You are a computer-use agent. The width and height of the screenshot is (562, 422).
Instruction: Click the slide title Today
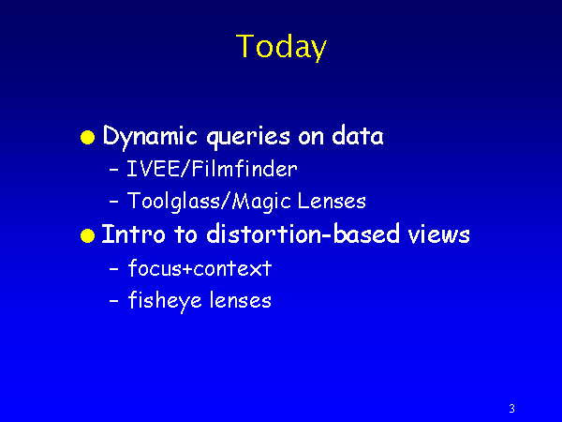point(281,47)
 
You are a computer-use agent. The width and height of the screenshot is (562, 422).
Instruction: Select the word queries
point(248,138)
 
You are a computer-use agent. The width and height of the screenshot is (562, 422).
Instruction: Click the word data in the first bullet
point(358,135)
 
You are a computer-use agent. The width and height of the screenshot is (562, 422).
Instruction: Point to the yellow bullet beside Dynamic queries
point(87,138)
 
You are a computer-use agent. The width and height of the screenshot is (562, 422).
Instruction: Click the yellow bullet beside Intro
point(87,235)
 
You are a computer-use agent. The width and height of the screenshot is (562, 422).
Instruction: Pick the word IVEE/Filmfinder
point(212,169)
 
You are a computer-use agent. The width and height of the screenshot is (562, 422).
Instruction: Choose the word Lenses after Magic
point(332,201)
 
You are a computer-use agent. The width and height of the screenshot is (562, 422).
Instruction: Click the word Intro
point(133,234)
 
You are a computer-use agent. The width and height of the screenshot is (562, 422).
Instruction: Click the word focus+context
point(200,267)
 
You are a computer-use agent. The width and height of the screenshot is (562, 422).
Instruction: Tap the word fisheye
point(165,301)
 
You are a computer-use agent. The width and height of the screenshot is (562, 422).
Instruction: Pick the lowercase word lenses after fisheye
point(241,300)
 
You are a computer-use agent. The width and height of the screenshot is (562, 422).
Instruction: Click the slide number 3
point(511,408)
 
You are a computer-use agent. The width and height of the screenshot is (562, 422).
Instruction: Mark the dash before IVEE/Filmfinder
point(114,170)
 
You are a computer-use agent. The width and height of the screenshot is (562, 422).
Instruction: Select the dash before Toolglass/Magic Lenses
point(114,202)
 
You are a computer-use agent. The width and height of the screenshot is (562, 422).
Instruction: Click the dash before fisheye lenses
point(114,301)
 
